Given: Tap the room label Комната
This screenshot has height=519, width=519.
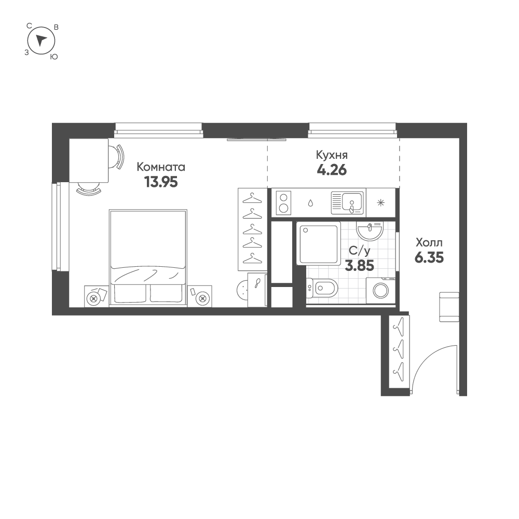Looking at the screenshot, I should pyautogui.click(x=161, y=167).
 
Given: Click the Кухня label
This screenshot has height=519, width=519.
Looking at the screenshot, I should pyautogui.click(x=332, y=155).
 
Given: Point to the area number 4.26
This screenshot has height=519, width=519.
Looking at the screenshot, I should pyautogui.click(x=331, y=170).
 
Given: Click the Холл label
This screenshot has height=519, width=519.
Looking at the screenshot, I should pyautogui.click(x=429, y=242).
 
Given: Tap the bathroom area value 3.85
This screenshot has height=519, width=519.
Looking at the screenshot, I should pyautogui.click(x=360, y=265).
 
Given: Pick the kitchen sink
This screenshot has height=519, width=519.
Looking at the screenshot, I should pyautogui.click(x=348, y=202).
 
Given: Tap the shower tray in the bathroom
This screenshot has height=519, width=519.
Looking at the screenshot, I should pyautogui.click(x=319, y=243).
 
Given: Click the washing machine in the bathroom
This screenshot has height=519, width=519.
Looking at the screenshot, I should pyautogui.click(x=381, y=290).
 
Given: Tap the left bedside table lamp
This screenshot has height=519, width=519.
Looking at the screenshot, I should pyautogui.click(x=93, y=297).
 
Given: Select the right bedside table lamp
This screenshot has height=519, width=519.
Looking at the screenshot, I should pyautogui.click(x=202, y=297).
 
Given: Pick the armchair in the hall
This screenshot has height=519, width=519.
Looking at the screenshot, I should pyautogui.click(x=449, y=306).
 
